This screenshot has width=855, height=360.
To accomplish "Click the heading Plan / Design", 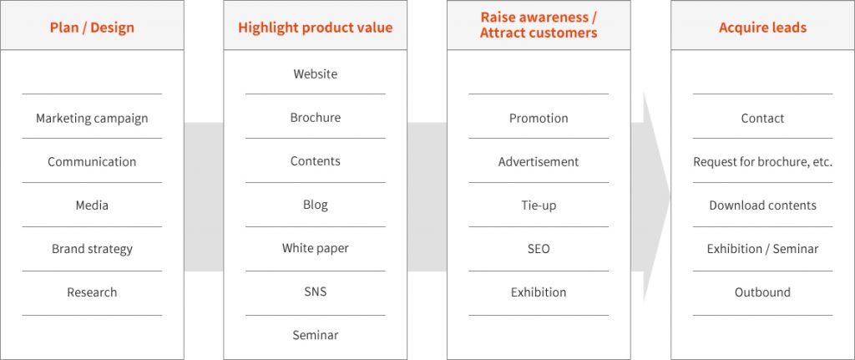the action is (x=92, y=28).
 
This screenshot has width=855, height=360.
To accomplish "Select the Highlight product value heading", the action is (x=315, y=28).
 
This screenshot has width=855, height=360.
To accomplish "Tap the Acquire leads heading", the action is (x=762, y=28).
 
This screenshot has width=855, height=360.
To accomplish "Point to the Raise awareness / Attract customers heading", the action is (x=539, y=24).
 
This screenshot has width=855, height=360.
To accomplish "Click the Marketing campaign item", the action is (x=92, y=119).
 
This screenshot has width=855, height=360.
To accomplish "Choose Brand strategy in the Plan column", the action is (x=92, y=249).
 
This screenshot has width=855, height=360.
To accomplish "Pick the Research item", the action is (x=92, y=292).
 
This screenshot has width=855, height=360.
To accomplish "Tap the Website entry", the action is (x=315, y=74).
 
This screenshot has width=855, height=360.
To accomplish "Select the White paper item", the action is (x=315, y=249).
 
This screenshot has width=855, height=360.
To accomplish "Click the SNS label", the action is (x=315, y=292).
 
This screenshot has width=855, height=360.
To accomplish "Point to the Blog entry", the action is (x=315, y=205).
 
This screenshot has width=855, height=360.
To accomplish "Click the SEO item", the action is (x=539, y=249).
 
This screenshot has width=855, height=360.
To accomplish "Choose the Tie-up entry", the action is (x=539, y=205).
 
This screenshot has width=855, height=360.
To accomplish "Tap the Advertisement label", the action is (x=539, y=161).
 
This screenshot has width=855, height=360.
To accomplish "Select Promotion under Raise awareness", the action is (x=539, y=118).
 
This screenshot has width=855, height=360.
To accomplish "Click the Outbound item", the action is (x=762, y=292).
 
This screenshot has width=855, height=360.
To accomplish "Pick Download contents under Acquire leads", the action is (x=762, y=205).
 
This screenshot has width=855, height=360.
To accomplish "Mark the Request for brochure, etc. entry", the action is (x=762, y=162).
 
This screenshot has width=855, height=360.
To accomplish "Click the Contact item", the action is (x=762, y=118).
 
